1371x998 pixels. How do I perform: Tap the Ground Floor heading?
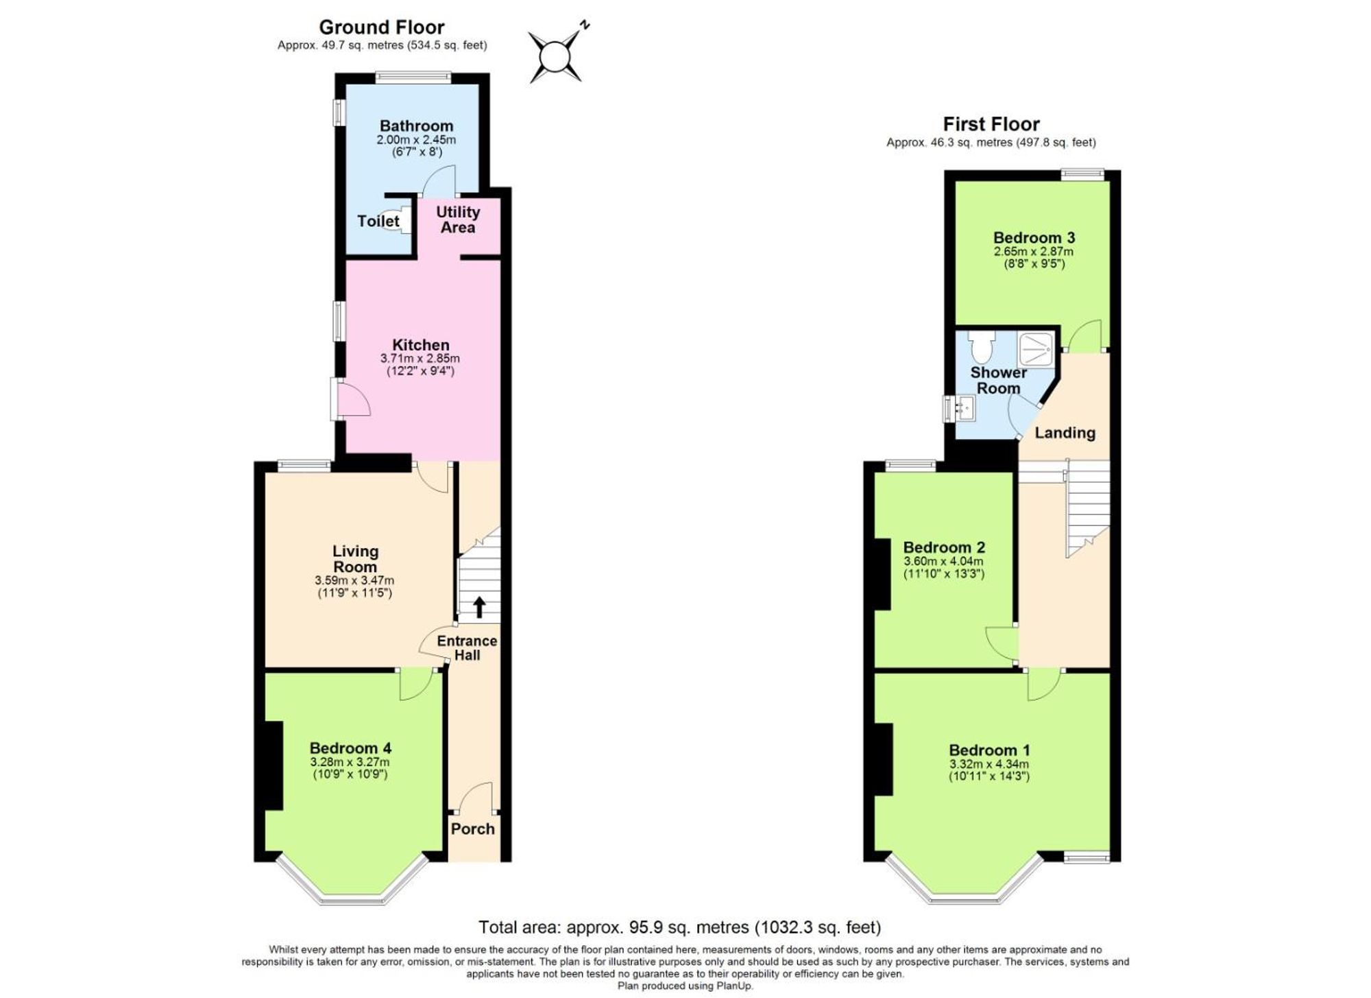click(x=382, y=27)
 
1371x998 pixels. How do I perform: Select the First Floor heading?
click(x=991, y=124)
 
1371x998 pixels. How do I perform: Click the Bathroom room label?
click(x=416, y=126)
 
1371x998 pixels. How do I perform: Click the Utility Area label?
click(x=458, y=219)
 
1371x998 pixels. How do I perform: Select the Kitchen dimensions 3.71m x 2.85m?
click(x=420, y=359)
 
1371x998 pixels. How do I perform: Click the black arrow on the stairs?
click(x=479, y=607)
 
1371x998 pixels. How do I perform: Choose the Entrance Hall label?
click(x=467, y=647)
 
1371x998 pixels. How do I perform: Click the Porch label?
click(x=472, y=829)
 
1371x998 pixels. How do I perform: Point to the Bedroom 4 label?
click(x=350, y=748)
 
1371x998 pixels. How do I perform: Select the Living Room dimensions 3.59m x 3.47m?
click(x=354, y=580)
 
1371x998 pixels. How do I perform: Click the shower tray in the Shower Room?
click(x=1036, y=348)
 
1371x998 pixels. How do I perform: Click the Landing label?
click(x=1065, y=433)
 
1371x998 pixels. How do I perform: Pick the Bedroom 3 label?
click(x=1034, y=238)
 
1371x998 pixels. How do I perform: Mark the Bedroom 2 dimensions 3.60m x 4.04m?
click(x=943, y=561)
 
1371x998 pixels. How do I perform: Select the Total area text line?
click(x=679, y=927)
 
